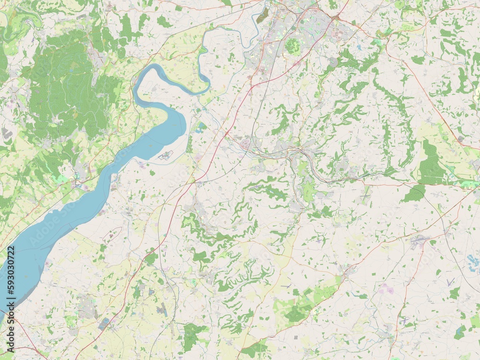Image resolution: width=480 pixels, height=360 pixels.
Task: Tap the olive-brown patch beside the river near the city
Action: point(262,16)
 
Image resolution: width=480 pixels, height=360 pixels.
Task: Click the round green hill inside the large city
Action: point(292,46)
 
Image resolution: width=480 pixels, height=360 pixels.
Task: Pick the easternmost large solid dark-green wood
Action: point(430,163)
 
